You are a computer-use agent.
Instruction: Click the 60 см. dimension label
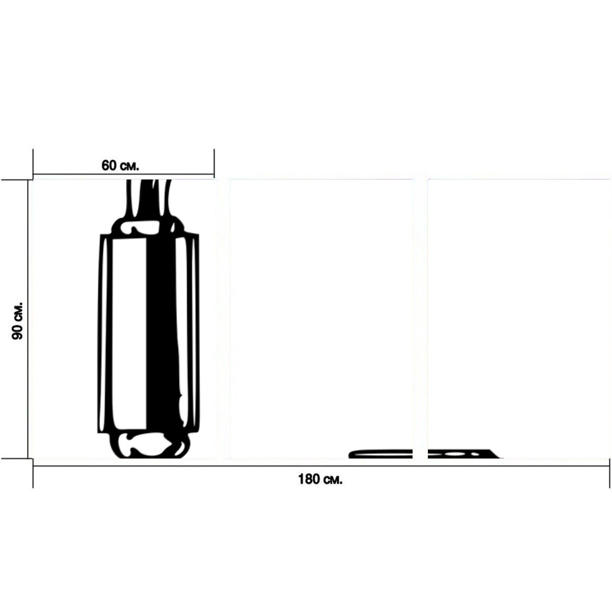pyautogui.click(x=120, y=165)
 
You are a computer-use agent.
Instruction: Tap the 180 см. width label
pyautogui.click(x=320, y=479)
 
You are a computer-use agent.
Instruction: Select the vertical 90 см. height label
pyautogui.click(x=17, y=321)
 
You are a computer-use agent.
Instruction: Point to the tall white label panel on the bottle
pyautogui.click(x=130, y=334)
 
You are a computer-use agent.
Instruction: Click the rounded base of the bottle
pyautogui.click(x=149, y=445)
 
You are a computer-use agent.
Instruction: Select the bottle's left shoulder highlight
pyautogui.click(x=140, y=227)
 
